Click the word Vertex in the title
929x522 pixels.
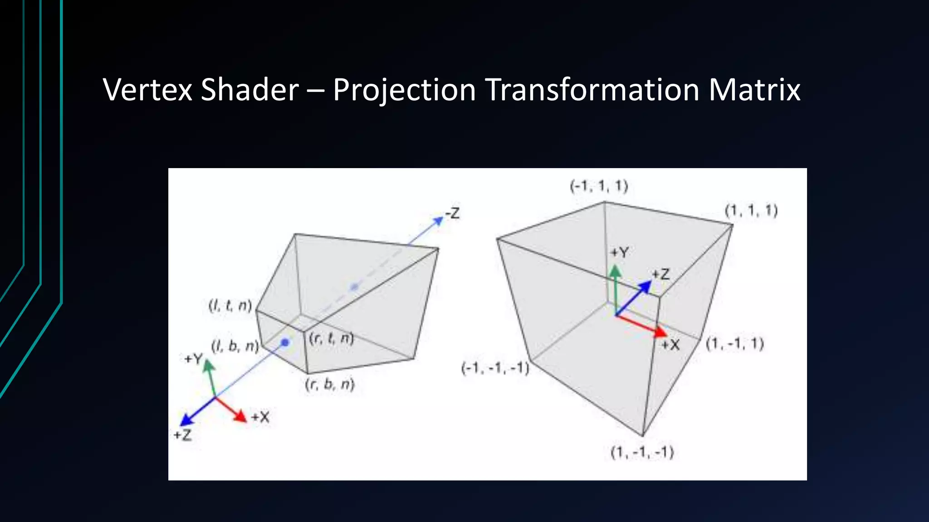(147, 90)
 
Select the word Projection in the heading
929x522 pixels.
(404, 90)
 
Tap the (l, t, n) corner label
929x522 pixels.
(230, 305)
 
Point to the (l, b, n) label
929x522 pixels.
(235, 347)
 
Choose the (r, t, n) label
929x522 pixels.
(331, 338)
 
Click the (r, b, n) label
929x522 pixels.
(330, 384)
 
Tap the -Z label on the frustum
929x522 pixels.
(452, 213)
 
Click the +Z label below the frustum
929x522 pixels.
(183, 435)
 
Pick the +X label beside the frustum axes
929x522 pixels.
(260, 417)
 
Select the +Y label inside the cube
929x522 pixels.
(619, 252)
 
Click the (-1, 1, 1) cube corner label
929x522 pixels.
(599, 186)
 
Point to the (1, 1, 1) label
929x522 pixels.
(751, 211)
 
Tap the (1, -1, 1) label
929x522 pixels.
(735, 344)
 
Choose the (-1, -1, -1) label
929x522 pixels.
(495, 368)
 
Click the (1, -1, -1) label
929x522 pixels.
(642, 452)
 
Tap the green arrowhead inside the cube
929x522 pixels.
(615, 271)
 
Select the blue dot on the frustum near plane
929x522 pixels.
(285, 343)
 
